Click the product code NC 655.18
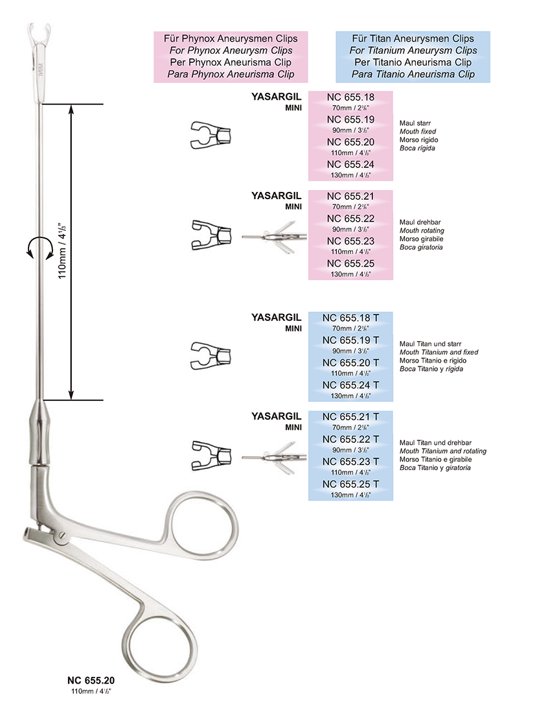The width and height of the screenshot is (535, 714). click(350, 98)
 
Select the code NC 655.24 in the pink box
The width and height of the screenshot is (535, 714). click(350, 164)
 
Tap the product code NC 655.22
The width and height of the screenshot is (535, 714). click(350, 219)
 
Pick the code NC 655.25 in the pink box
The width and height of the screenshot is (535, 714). click(350, 263)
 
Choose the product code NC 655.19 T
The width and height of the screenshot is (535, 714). click(350, 340)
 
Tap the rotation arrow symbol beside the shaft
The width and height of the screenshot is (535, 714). click(37, 247)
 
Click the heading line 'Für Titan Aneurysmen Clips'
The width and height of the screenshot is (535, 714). click(413, 39)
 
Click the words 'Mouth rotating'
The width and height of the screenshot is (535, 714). click(422, 230)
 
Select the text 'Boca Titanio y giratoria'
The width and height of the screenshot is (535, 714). click(435, 468)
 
